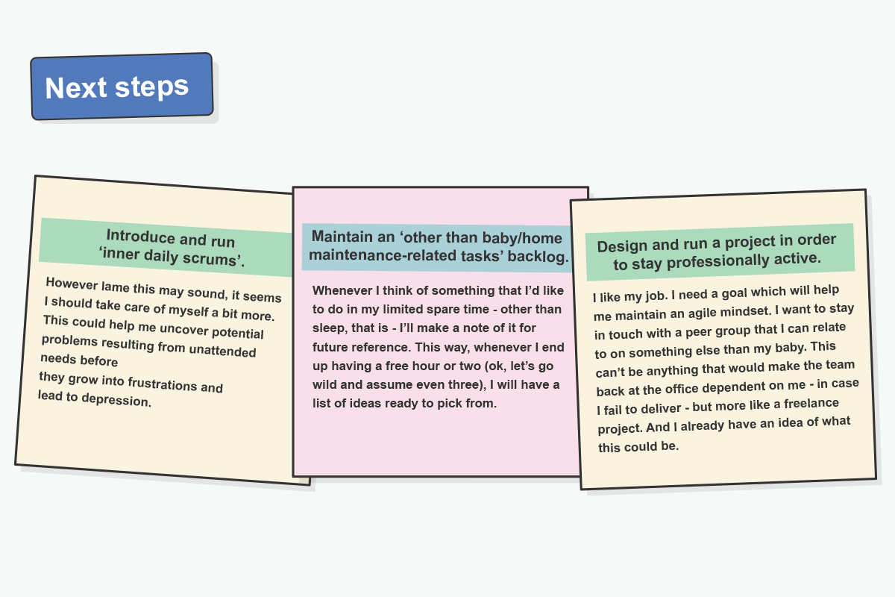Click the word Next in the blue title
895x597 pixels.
click(76, 87)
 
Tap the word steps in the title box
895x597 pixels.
click(152, 87)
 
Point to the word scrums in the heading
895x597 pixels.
click(210, 259)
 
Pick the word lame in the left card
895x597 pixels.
click(115, 287)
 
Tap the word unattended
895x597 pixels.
click(222, 350)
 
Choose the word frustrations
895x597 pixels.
click(163, 383)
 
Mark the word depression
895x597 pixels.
click(116, 400)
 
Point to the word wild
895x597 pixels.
click(323, 384)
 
